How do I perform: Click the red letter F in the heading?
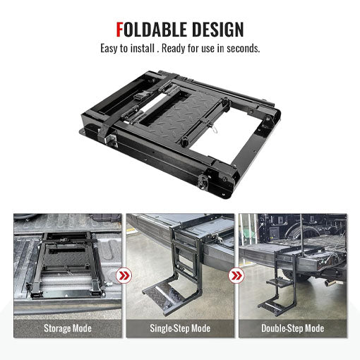(x=121, y=30)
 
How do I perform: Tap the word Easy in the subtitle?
(x=110, y=49)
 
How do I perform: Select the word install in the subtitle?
(x=153, y=49)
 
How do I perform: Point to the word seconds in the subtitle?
(x=244, y=49)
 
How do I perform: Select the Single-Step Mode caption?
(x=180, y=328)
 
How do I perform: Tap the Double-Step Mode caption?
(x=292, y=328)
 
